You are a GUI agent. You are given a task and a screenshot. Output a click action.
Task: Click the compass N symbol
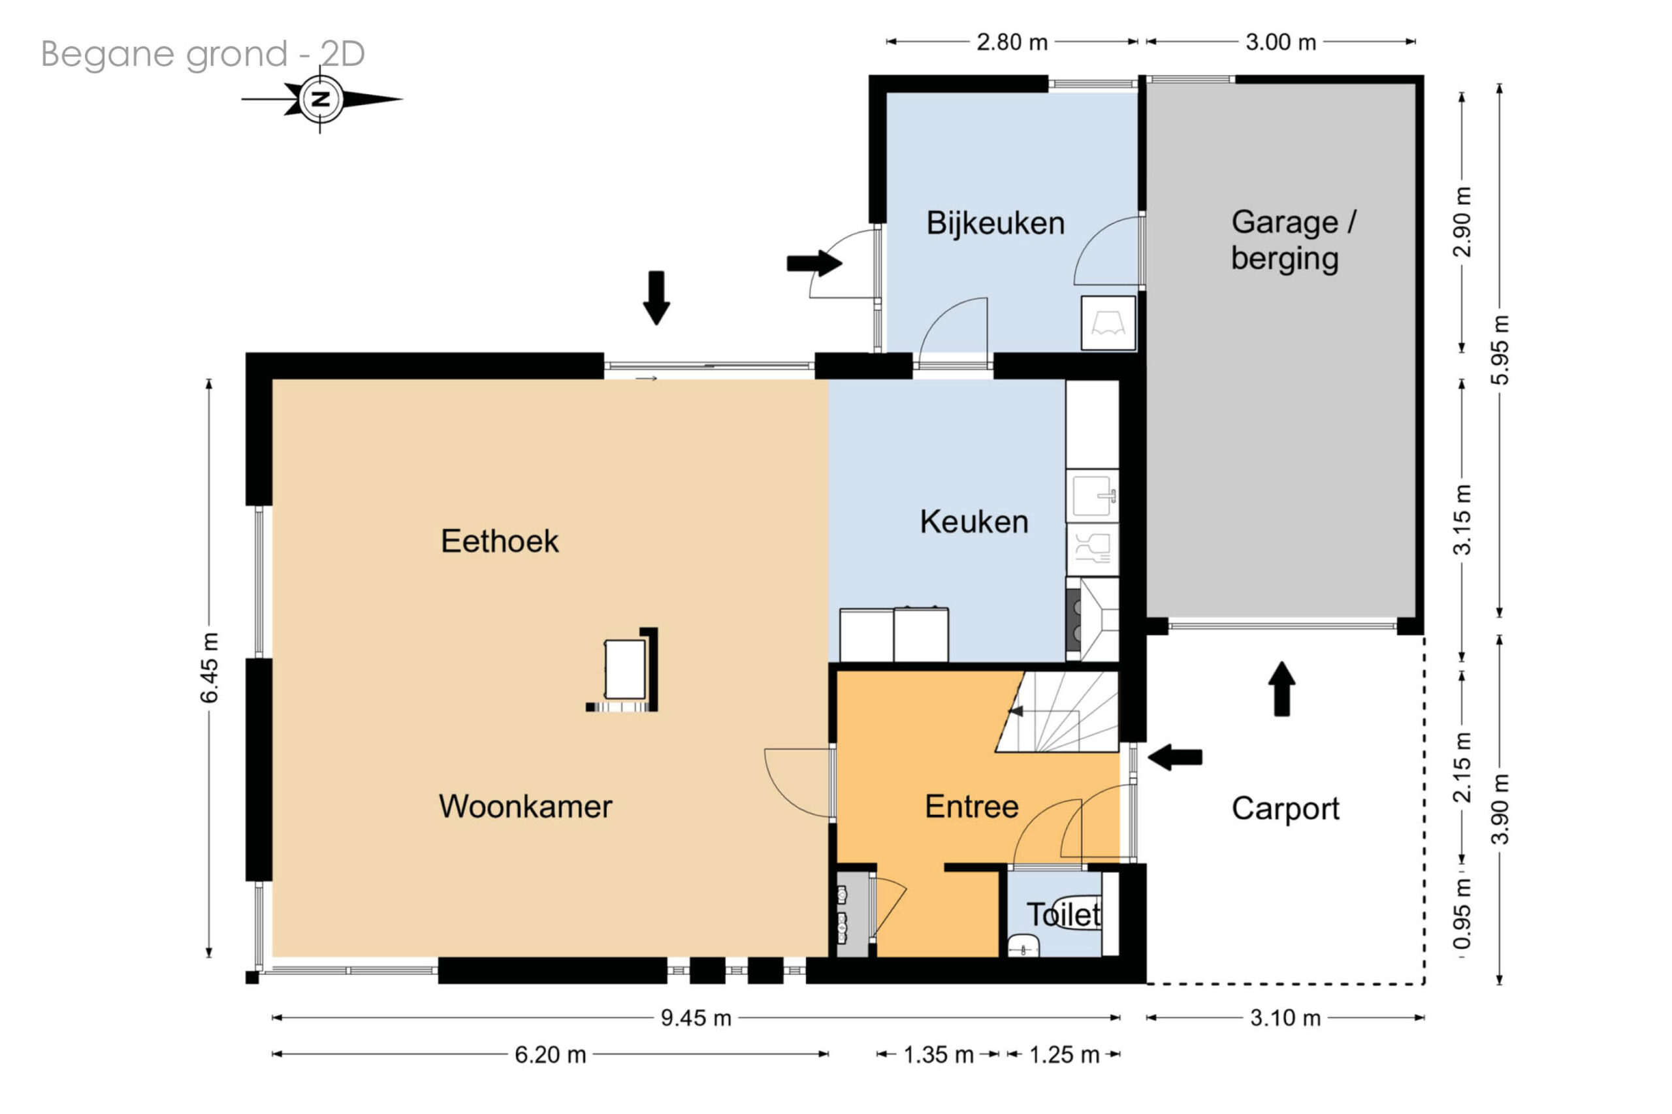pyautogui.click(x=321, y=99)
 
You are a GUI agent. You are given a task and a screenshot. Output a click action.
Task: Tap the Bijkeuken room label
pyautogui.click(x=995, y=223)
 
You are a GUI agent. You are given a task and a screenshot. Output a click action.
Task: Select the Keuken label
pyautogui.click(x=974, y=522)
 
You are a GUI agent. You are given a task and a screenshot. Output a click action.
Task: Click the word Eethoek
pyautogui.click(x=500, y=541)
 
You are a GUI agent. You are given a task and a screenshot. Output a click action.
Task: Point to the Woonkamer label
pyautogui.click(x=525, y=806)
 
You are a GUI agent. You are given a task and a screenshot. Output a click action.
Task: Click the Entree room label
pyautogui.click(x=971, y=806)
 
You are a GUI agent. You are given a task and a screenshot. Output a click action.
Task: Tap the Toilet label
pyautogui.click(x=1064, y=914)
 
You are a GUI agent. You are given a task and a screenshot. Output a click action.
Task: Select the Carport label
pyautogui.click(x=1285, y=809)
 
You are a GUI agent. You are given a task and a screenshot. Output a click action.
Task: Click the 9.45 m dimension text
pyautogui.click(x=696, y=1017)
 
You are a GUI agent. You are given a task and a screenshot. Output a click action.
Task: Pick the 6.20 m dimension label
pyautogui.click(x=550, y=1055)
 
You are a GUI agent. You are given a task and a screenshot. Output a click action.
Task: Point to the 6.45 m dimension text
pyautogui.click(x=209, y=668)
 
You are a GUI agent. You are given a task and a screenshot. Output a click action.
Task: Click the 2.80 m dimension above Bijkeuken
pyautogui.click(x=1012, y=42)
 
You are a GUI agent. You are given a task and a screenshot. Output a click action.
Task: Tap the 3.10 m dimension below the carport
pyautogui.click(x=1285, y=1017)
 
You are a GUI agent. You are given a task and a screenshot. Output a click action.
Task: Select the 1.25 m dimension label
pyautogui.click(x=1064, y=1055)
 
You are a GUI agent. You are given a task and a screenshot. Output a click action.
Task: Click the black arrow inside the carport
pyautogui.click(x=1282, y=688)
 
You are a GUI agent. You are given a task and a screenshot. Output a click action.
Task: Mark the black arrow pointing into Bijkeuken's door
pyautogui.click(x=814, y=263)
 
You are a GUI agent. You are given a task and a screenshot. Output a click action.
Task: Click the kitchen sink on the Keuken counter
pyautogui.click(x=1093, y=494)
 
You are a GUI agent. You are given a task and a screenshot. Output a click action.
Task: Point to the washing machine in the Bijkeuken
pyautogui.click(x=1108, y=323)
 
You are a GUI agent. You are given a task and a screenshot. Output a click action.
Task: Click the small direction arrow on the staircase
pyautogui.click(x=1016, y=711)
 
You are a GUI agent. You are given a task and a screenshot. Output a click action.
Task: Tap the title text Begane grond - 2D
pyautogui.click(x=203, y=54)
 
